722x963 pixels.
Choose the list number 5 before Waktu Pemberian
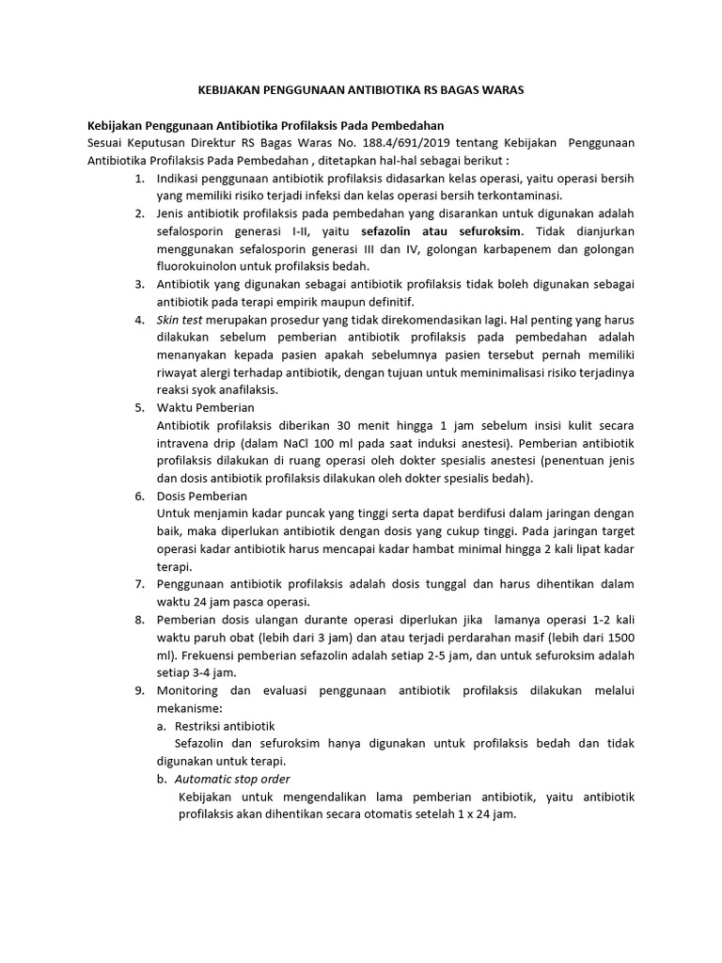(x=139, y=407)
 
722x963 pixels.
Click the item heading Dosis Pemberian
(x=202, y=496)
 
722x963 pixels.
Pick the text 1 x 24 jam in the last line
(x=485, y=814)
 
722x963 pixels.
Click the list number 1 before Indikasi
(x=139, y=178)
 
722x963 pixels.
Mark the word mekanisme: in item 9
(x=189, y=707)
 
